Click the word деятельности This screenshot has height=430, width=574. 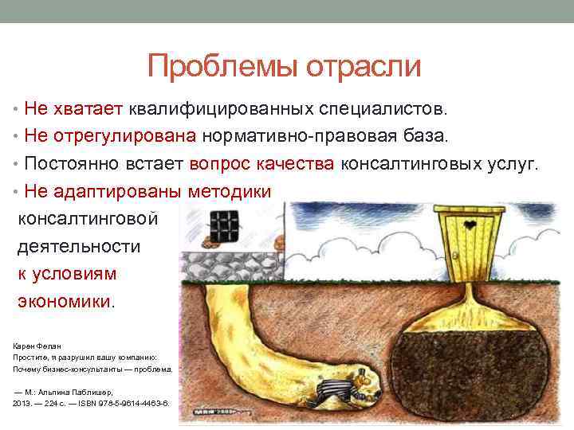pyautogui.click(x=79, y=246)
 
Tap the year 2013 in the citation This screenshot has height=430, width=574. pyautogui.click(x=22, y=403)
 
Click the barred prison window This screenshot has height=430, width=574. pyautogui.click(x=225, y=226)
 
